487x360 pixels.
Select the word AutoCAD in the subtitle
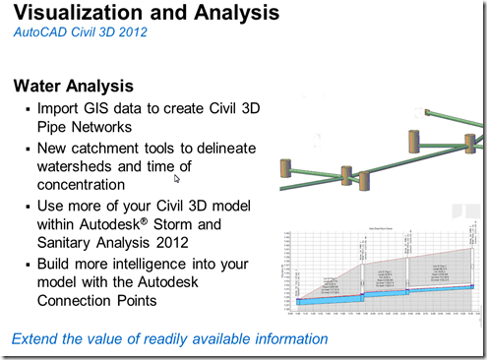coord(40,33)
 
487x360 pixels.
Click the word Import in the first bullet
coord(59,108)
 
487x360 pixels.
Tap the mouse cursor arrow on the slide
coord(176,178)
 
